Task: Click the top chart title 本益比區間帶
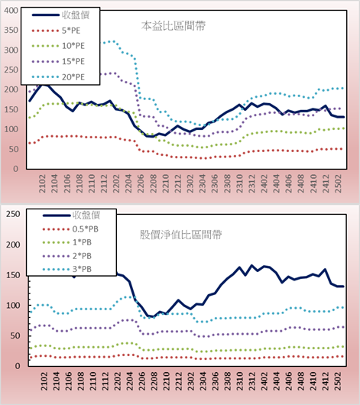[x=174, y=26]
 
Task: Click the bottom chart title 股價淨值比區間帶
[x=181, y=235]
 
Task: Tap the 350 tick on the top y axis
[x=11, y=31]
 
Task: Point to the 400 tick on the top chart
[x=11, y=11]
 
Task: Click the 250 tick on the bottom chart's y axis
[x=13, y=214]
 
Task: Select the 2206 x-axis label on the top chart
[x=141, y=183]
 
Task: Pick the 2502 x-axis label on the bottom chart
[x=338, y=381]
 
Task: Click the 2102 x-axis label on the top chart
[x=42, y=183]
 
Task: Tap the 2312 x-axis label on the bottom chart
[x=251, y=381]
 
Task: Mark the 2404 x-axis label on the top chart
[x=276, y=183]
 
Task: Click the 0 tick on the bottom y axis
[x=18, y=366]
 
